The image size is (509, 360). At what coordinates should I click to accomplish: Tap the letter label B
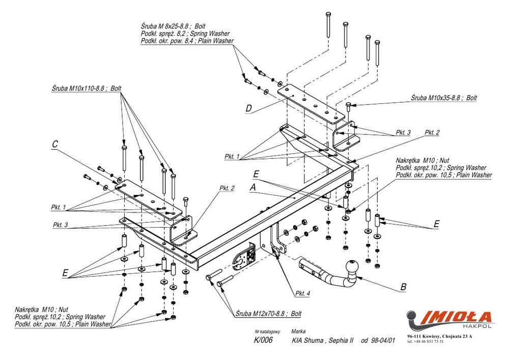click(x=403, y=287)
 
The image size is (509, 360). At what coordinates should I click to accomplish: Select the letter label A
click(x=252, y=187)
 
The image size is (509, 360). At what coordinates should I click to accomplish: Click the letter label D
click(x=248, y=108)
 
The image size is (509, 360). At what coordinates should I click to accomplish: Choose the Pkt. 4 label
click(x=303, y=294)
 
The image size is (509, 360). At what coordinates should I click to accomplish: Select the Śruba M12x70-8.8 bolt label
click(x=268, y=314)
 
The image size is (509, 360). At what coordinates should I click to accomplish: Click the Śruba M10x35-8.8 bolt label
click(x=445, y=97)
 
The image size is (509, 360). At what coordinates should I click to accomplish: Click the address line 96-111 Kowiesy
click(x=439, y=336)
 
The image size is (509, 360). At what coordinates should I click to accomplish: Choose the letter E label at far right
click(x=436, y=223)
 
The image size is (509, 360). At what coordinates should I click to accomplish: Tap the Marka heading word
click(x=299, y=331)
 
